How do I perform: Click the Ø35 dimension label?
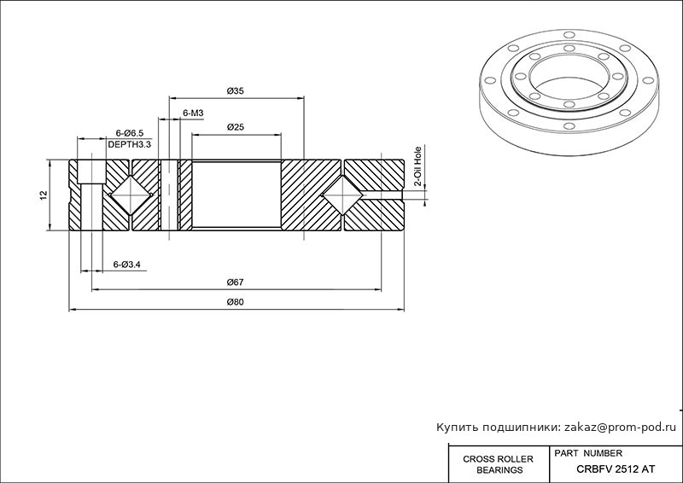pos(236,91)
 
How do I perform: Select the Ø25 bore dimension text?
pos(236,127)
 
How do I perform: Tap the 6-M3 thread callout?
pos(193,113)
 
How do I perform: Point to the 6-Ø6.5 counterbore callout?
pos(130,133)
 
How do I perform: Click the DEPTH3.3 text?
pos(130,144)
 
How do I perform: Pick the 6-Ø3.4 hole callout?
pos(126,265)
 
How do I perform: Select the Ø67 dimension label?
pos(236,282)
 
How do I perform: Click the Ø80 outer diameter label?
pos(236,302)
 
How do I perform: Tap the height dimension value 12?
pos(43,195)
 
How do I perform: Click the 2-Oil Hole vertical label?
pos(417,166)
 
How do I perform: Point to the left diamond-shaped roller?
pos(130,195)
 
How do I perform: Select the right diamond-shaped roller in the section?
pos(343,195)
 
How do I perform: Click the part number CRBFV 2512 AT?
pos(616,469)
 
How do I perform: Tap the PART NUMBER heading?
pos(588,453)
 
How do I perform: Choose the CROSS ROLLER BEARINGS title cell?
pos(498,464)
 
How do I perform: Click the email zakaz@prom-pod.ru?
pos(621,428)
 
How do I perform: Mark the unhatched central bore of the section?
pos(236,195)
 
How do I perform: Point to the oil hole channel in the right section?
pos(381,195)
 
